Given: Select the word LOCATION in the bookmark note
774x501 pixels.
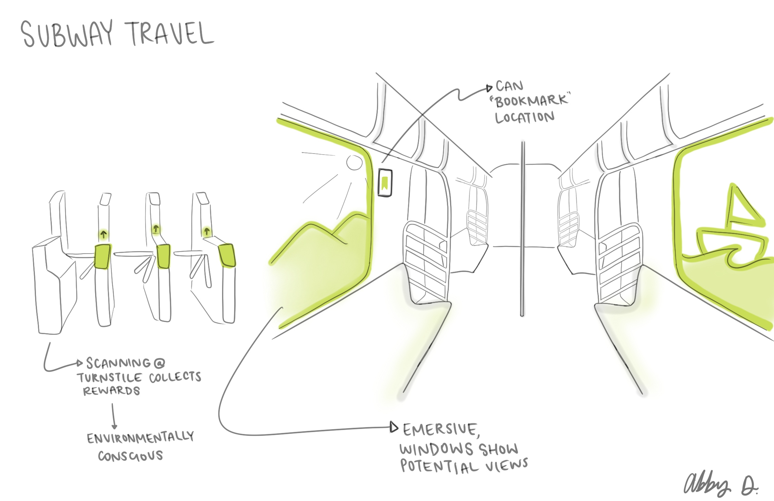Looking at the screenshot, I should point(525,117).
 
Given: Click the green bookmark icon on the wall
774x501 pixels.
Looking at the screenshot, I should point(385,183).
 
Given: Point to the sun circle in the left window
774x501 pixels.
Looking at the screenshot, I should point(354,162).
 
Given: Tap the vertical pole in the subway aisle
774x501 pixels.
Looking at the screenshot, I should point(523,228).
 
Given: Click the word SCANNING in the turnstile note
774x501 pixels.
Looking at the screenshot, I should point(118,363).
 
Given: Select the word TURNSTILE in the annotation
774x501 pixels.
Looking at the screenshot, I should point(109,377).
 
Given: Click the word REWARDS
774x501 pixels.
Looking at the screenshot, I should point(111,391).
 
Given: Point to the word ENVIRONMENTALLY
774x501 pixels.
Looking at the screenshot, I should point(140,438).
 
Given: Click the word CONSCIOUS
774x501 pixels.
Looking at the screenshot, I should point(130,456).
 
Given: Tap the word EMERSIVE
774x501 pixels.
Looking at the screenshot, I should point(440,430).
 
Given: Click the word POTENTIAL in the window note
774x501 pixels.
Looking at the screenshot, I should point(439,466).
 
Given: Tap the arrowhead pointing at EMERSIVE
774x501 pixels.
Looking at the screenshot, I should point(394,427).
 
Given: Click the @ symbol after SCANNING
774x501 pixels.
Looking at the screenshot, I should point(159,363).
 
